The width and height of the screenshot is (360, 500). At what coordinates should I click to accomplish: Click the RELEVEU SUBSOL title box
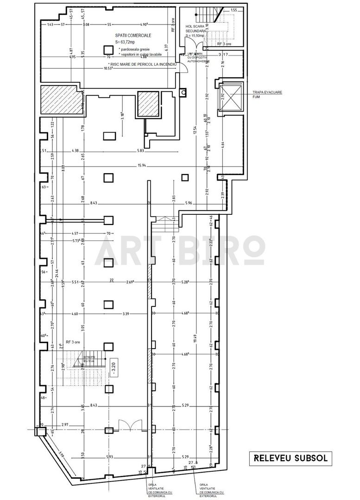click(x=291, y=458)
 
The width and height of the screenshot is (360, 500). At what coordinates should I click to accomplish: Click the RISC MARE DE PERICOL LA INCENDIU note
click(x=143, y=64)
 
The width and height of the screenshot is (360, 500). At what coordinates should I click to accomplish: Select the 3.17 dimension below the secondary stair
click(x=223, y=55)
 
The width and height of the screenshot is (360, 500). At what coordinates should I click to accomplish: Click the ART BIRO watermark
click(x=180, y=250)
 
